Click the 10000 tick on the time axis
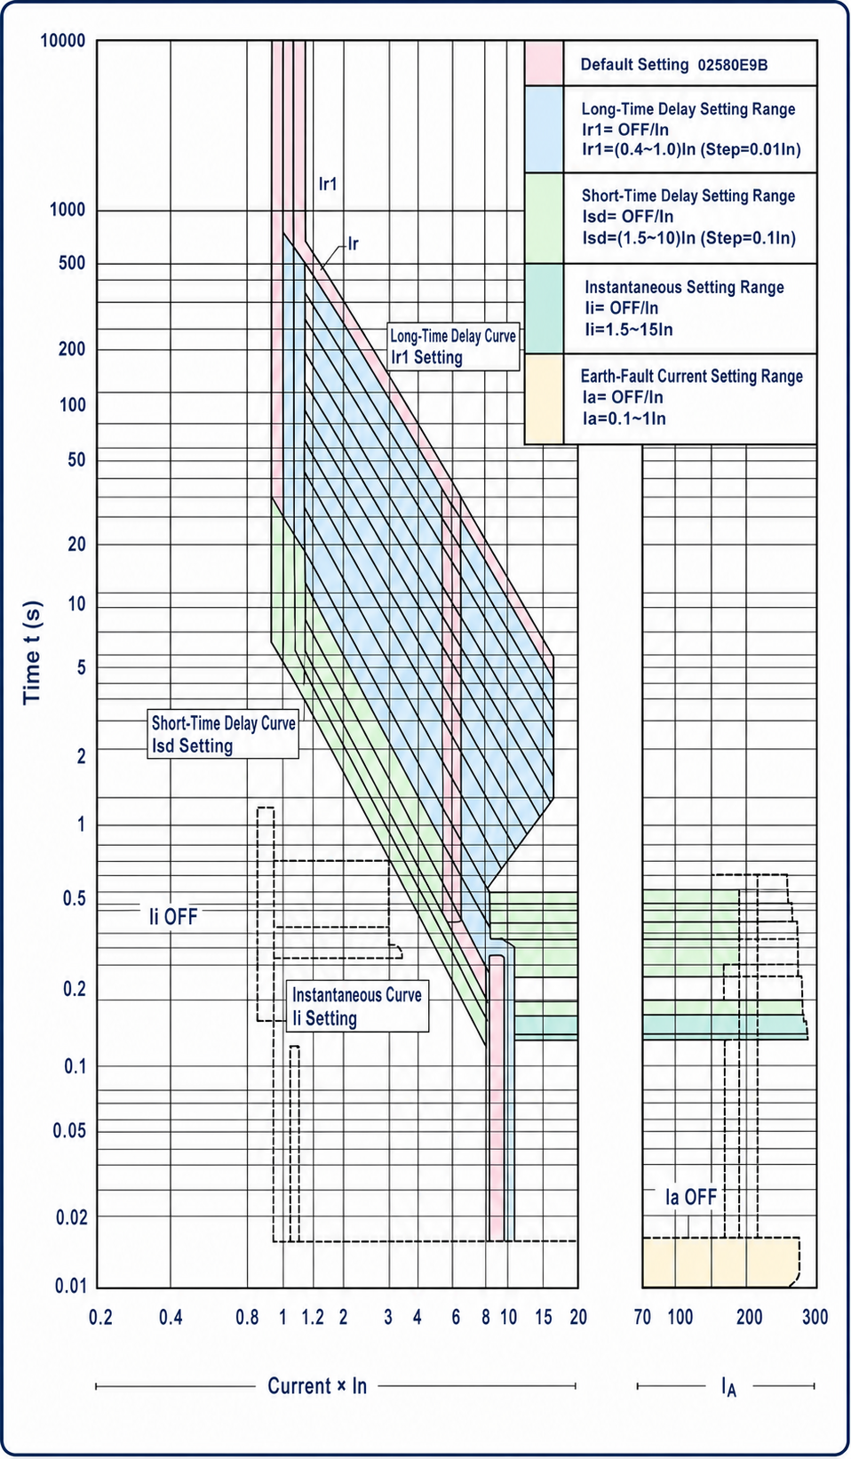coord(62,41)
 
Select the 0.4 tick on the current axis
coord(171,1318)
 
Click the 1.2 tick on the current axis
coord(313,1318)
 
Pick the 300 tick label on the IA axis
coord(815,1318)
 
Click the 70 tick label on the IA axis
coord(642,1318)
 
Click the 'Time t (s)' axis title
coord(33,653)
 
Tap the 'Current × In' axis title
coord(317,1386)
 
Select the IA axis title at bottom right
coord(728,1387)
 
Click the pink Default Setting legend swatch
coord(545,63)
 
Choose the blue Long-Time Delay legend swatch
coord(545,129)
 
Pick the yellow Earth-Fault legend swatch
coord(545,399)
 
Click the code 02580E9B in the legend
coord(733,65)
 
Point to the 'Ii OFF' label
coord(173,917)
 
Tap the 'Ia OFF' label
coord(691,1197)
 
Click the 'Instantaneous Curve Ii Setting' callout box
coord(357,1007)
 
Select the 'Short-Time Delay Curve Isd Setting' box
coord(223,734)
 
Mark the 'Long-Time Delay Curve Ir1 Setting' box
coord(453,347)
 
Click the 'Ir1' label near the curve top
coord(328,184)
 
